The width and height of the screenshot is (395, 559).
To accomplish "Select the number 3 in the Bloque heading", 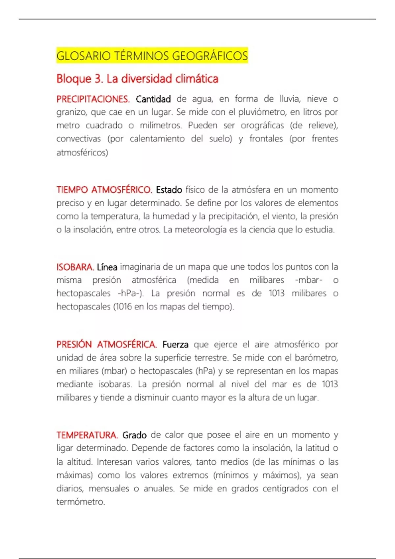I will point(98,79).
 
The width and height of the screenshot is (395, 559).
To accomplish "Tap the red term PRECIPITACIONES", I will point(93,99).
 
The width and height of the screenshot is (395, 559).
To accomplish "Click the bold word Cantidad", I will point(153,99).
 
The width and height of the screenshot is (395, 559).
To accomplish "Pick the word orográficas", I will point(262,126).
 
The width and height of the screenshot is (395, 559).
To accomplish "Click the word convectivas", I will point(78,139).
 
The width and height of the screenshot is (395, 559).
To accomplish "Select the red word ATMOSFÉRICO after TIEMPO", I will point(121,190).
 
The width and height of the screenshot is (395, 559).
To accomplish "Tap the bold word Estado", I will point(169,190).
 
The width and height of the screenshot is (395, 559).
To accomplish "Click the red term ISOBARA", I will point(75,267).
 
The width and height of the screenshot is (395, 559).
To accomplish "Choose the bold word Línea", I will point(107,267).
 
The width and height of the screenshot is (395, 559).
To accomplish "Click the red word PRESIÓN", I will point(74,345).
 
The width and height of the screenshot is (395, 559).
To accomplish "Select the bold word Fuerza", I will point(175,345).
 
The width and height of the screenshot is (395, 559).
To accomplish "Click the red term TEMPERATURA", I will point(87,435).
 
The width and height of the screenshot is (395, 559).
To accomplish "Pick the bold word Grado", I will point(134,435).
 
